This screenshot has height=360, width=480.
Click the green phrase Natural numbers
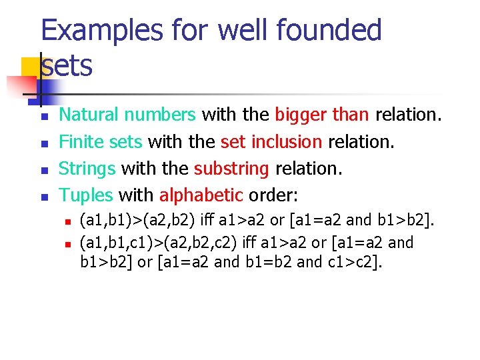pos(127,115)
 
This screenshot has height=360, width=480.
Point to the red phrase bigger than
pos(321,115)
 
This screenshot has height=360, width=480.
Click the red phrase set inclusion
pos(271,142)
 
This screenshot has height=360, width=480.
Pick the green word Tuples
pos(86,195)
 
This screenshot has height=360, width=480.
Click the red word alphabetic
pos(201,195)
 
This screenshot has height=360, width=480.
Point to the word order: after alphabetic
pos(273,195)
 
